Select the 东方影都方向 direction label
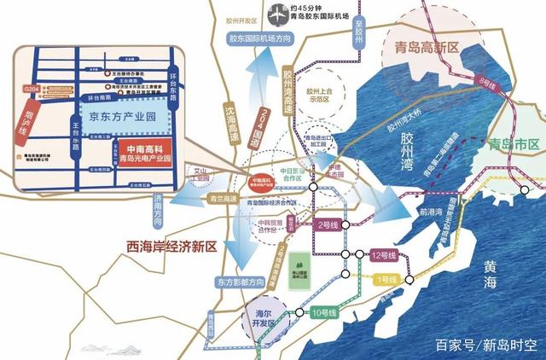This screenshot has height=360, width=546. (236, 282)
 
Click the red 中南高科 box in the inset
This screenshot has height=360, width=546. (132, 154)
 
